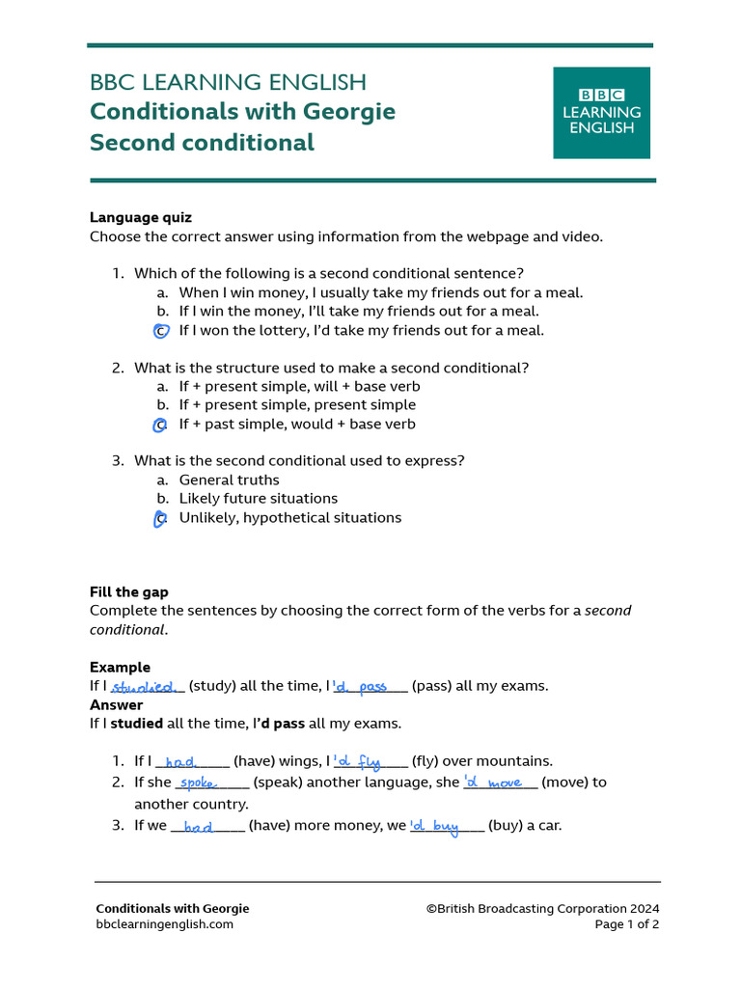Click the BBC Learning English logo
(x=601, y=113)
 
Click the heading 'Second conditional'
(x=202, y=143)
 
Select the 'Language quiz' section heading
(x=141, y=218)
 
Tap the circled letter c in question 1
(x=161, y=331)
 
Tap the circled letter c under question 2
(x=160, y=425)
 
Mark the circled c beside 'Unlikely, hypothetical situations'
(x=160, y=519)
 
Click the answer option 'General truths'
(x=229, y=480)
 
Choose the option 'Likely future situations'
(x=258, y=499)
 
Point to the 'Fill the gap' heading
(x=129, y=592)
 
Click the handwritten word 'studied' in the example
(x=145, y=687)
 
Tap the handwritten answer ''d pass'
(x=360, y=687)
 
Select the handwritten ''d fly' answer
(x=357, y=762)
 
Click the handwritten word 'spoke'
(x=199, y=783)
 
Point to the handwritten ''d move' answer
(x=493, y=782)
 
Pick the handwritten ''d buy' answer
(x=435, y=826)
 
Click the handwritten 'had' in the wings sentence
(x=180, y=762)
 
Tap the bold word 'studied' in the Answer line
(x=137, y=724)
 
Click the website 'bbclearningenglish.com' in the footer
(x=164, y=924)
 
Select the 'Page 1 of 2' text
(x=627, y=924)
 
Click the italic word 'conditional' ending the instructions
(x=126, y=630)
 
